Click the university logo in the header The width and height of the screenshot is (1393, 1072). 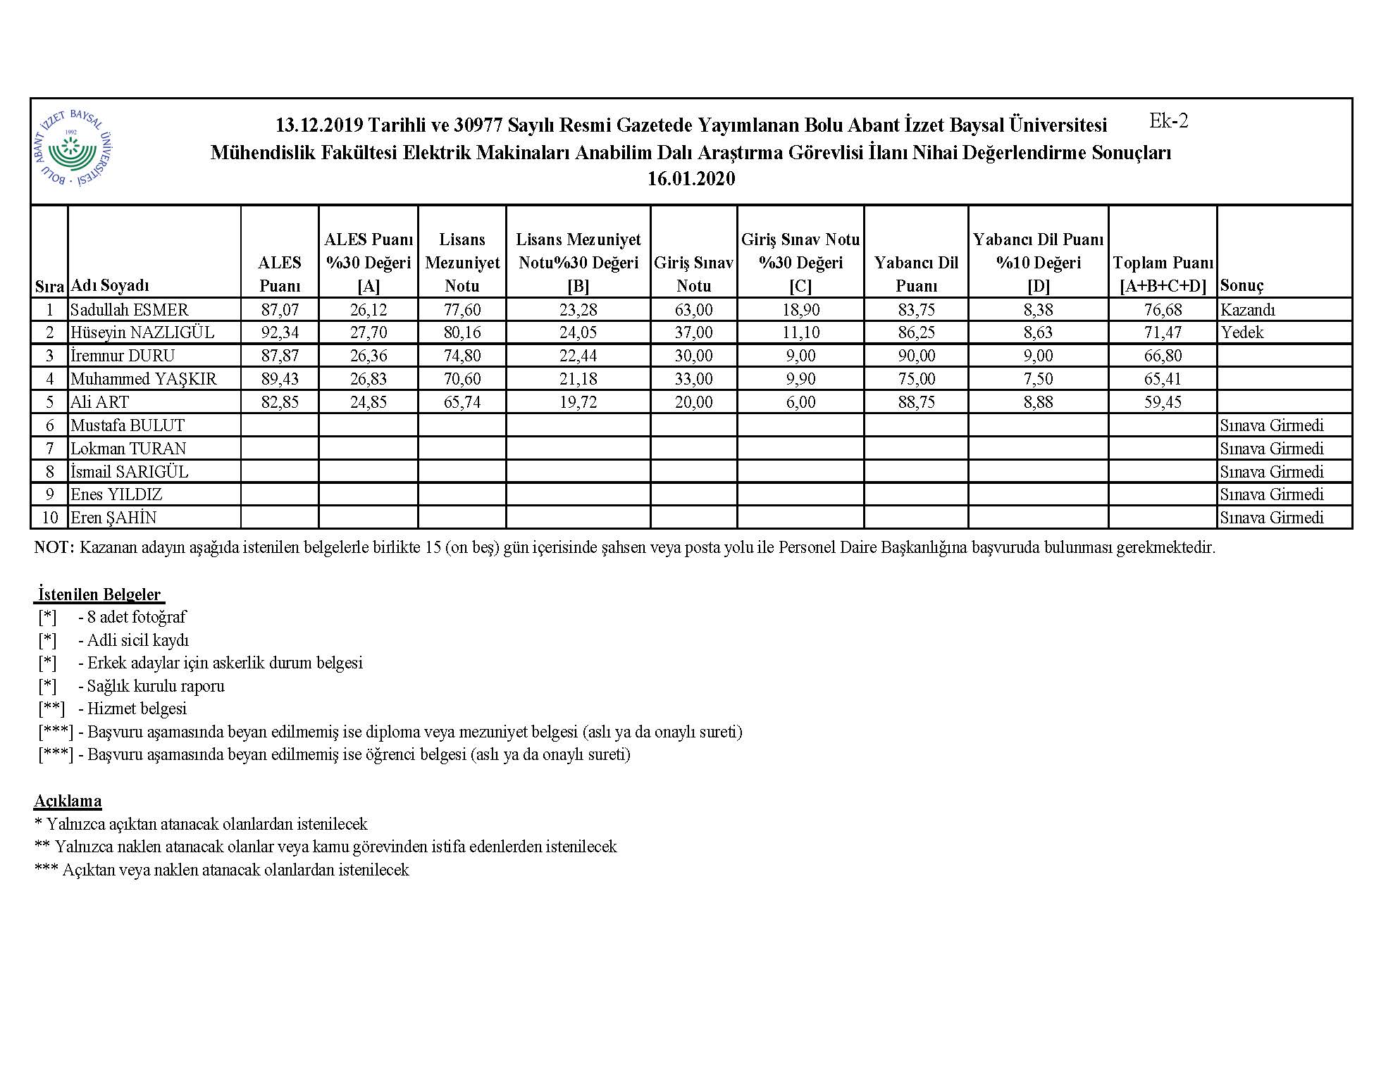[74, 149]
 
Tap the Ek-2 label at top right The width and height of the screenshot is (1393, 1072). [1168, 121]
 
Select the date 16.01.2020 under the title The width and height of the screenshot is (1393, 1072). [691, 179]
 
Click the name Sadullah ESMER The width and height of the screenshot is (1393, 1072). [129, 310]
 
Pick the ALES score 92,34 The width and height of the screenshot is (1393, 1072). [280, 332]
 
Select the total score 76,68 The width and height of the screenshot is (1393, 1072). [1163, 310]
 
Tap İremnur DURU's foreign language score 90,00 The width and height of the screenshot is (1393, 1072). [916, 356]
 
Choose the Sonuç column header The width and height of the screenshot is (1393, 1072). [1242, 285]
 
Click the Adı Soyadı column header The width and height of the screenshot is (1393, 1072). [110, 285]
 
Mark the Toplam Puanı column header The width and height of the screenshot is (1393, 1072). [1163, 274]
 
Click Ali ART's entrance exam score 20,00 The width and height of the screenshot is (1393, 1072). [693, 402]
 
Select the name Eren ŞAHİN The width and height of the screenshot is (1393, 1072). [113, 518]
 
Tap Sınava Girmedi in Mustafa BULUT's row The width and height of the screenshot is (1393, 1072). [1271, 425]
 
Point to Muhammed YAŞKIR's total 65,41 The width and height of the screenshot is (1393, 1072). [1163, 379]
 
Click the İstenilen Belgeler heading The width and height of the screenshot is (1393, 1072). [99, 594]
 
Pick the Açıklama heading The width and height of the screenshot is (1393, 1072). [68, 801]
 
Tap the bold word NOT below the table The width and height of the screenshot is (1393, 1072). [54, 547]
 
